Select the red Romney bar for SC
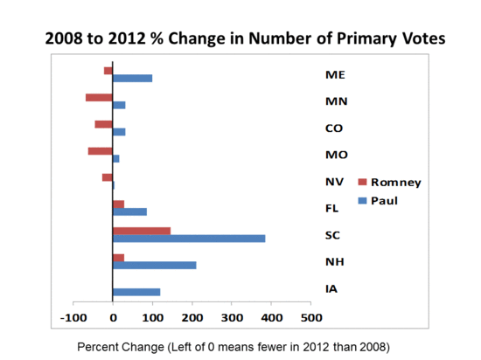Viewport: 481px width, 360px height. (142, 231)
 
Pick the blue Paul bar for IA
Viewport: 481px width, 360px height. (136, 292)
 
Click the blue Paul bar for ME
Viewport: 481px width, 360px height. (133, 78)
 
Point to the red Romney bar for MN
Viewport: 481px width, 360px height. (99, 97)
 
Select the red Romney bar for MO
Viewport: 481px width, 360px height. (101, 151)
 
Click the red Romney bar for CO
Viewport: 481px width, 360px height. (104, 124)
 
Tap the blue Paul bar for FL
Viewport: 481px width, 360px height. (129, 211)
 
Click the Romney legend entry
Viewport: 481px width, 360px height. (390, 183)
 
